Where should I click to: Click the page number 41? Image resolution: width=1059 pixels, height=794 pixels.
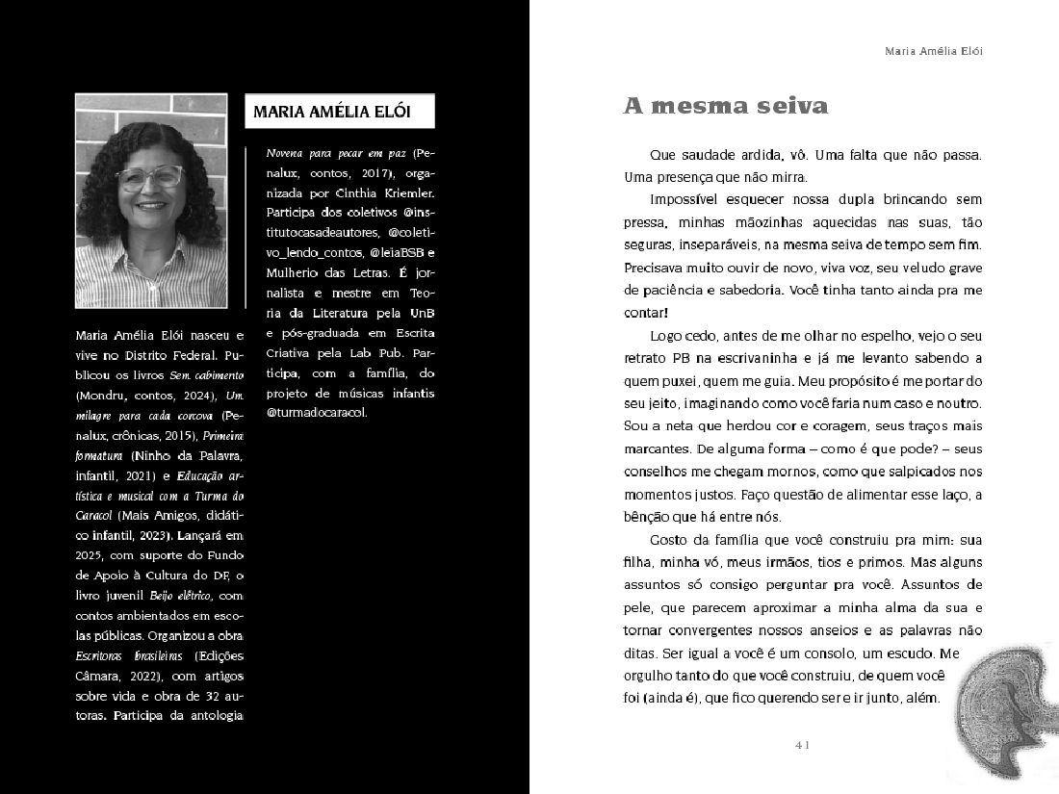tap(804, 744)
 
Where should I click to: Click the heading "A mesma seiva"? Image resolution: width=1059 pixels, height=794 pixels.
tap(726, 106)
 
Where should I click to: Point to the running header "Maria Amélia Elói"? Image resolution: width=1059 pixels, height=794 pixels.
tap(933, 51)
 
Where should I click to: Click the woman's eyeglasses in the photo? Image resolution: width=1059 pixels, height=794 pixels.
tap(150, 177)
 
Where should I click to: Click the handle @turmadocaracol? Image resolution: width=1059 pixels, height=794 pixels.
tap(317, 413)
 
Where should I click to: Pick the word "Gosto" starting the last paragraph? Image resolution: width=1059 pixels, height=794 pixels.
tap(670, 540)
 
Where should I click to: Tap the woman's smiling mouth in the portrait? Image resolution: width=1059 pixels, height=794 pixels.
tap(151, 205)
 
